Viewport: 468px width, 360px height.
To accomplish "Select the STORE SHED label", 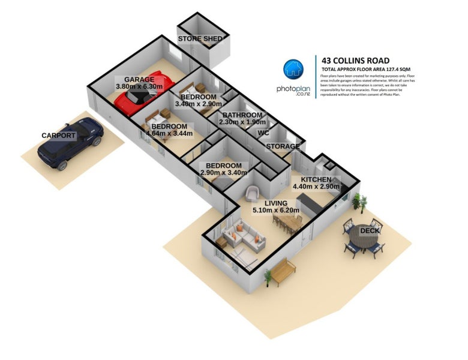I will [200, 40].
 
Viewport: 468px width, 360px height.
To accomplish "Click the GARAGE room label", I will [139, 79].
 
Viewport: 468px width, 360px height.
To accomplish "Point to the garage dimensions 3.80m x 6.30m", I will [139, 87].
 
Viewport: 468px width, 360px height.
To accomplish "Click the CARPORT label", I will [58, 136].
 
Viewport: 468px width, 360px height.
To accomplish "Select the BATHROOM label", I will [242, 115].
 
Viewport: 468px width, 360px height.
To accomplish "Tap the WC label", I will [263, 133].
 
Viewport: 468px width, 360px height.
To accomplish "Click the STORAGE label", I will [283, 146].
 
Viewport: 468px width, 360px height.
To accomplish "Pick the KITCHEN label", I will [316, 179].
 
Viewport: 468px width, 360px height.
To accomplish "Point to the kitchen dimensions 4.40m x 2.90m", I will [316, 187].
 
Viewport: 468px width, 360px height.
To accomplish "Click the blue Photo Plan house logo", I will [293, 70].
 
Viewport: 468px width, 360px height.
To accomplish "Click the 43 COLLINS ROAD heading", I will [356, 60].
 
